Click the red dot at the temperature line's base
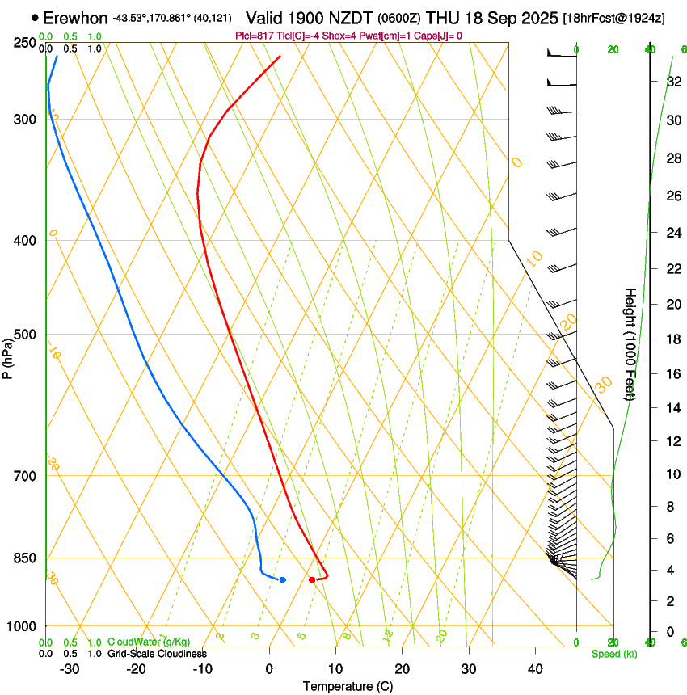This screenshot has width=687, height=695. tap(312, 579)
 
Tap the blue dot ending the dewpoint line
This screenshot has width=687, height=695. tap(282, 579)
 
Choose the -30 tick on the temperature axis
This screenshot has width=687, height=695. tap(70, 668)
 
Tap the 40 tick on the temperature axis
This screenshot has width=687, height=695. tap(534, 668)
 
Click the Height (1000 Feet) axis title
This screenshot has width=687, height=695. tap(630, 343)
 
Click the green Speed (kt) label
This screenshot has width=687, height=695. tap(614, 653)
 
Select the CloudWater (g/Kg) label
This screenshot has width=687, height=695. tap(149, 642)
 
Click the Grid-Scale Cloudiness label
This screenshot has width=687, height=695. tap(157, 653)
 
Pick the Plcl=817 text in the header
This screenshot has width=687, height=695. tap(254, 36)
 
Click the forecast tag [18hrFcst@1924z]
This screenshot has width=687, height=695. tap(613, 18)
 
